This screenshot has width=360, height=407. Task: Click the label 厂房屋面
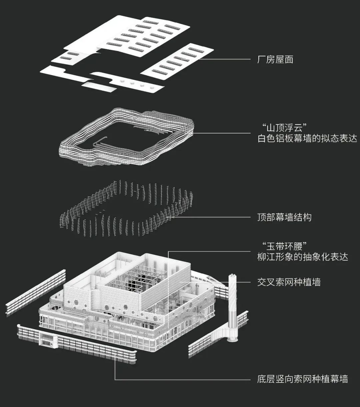click(x=275, y=60)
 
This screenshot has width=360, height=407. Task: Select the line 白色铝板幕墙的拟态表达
click(x=307, y=138)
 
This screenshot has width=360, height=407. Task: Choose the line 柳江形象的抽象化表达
click(x=302, y=257)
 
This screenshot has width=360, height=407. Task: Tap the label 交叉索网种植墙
click(x=289, y=282)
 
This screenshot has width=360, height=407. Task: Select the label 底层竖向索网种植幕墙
click(x=302, y=379)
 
